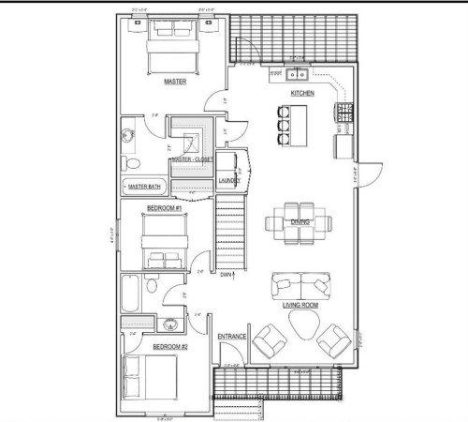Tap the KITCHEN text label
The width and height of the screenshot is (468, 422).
tap(301, 95)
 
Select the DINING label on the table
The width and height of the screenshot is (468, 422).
tap(300, 222)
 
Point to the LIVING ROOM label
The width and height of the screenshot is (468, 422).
tap(300, 305)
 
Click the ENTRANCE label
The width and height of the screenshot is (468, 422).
tap(232, 337)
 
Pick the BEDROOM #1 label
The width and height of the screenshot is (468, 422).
tap(165, 207)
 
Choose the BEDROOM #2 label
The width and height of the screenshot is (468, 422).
tap(171, 347)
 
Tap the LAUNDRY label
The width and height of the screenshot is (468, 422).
tap(229, 180)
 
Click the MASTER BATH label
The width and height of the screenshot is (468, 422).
tap(145, 187)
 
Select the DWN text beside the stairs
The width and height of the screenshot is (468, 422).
tap(227, 275)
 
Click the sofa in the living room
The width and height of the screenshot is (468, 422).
tap(300, 284)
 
